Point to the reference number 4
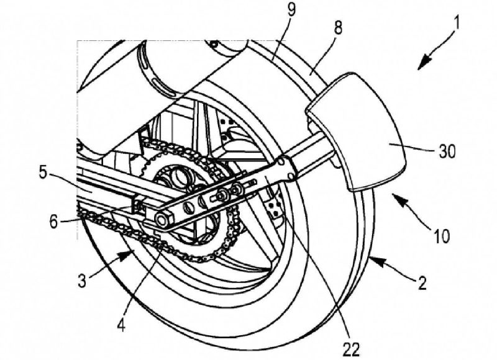coord(122,322)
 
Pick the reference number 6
coord(54,222)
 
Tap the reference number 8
coord(338,27)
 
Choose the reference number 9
coord(290,9)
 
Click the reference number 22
coord(351,349)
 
